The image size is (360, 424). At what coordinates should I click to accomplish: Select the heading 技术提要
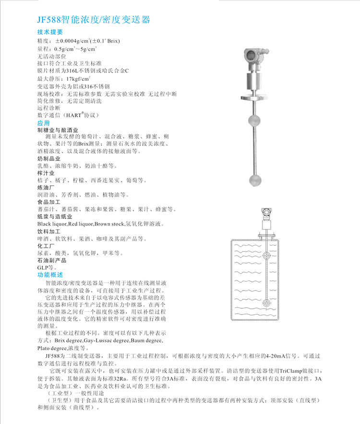pyautogui.click(x=50, y=32)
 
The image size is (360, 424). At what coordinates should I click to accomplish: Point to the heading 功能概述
pyautogui.click(x=50, y=275)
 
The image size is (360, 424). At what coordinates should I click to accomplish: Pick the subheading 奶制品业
pyautogui.click(x=48, y=158)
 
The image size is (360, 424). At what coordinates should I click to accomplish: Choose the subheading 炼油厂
pyautogui.click(x=46, y=187)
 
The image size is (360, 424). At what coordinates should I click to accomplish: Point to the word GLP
pyautogui.click(x=43, y=267)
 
